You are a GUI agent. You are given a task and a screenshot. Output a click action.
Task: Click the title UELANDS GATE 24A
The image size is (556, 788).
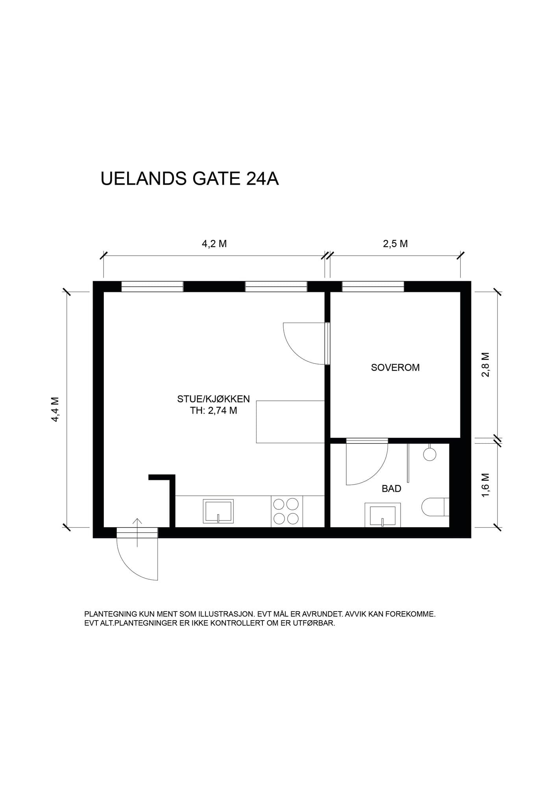click(x=190, y=178)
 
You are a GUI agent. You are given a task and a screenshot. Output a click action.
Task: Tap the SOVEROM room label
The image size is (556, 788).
click(x=395, y=367)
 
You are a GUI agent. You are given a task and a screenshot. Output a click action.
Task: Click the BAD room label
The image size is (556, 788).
click(x=392, y=489)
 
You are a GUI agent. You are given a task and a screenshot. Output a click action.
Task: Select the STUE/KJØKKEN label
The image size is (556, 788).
click(x=213, y=399)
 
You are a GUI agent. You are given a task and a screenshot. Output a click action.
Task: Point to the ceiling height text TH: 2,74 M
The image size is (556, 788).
click(x=213, y=411)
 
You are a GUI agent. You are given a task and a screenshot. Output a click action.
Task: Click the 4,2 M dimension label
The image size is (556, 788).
click(x=214, y=243)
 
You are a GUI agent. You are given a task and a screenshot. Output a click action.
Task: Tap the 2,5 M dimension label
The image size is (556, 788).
click(x=395, y=243)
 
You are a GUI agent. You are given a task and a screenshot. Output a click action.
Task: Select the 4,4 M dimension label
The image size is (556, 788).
click(x=55, y=409)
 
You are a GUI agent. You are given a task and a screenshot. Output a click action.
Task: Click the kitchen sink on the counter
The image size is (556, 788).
click(x=218, y=511)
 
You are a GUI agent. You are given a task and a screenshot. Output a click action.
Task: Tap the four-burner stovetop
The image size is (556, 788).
click(x=287, y=511)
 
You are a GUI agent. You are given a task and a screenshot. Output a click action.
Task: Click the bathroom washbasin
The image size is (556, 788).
click(x=382, y=515)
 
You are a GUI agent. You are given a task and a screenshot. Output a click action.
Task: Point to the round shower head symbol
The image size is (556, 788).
click(x=430, y=453)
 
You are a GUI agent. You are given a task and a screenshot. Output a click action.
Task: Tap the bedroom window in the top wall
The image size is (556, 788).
click(x=373, y=286)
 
